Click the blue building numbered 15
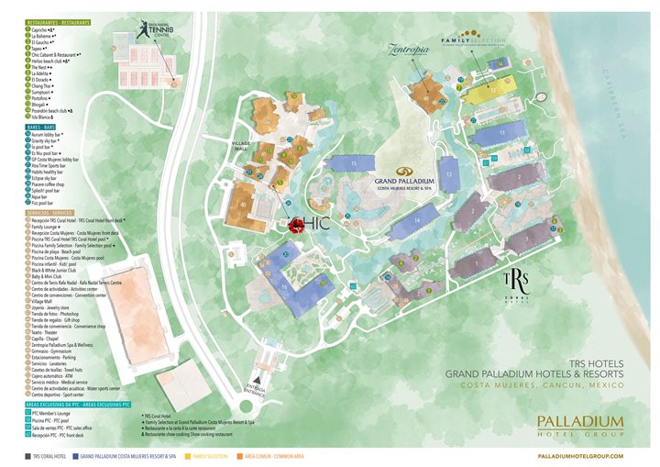coord(356,163)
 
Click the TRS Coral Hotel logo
coord(515,282)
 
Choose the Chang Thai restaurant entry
coord(42,86)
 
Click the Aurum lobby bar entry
coord(47,133)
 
